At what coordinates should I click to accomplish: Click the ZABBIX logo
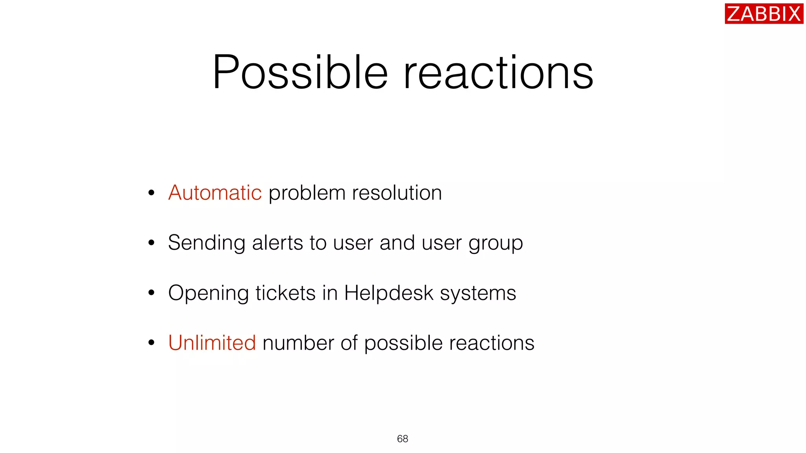(763, 14)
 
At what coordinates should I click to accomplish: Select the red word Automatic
(215, 193)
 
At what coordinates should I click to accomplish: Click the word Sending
(207, 243)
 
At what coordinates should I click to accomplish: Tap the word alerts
(277, 243)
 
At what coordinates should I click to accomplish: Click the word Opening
(208, 293)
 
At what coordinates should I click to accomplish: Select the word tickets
(285, 293)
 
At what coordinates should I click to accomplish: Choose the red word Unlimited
(212, 343)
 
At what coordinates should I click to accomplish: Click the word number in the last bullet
(298, 343)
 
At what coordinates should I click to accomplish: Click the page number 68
(403, 439)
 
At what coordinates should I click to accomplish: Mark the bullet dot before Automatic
(152, 193)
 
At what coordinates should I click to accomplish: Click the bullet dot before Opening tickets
(152, 293)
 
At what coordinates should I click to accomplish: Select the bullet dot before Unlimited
(152, 343)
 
